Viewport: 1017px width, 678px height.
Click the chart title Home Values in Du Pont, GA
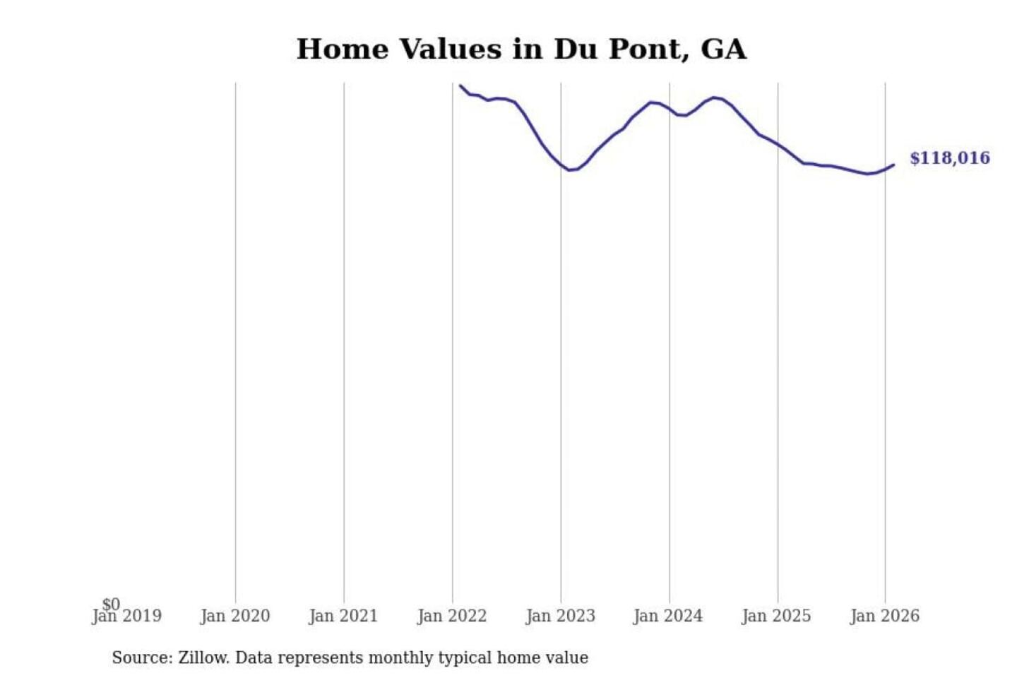(x=521, y=49)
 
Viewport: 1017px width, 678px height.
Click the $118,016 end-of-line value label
(x=949, y=158)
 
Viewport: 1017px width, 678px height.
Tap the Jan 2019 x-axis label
(x=127, y=617)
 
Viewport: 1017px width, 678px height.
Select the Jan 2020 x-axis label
(x=235, y=617)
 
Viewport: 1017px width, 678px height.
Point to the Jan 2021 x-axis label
(x=343, y=617)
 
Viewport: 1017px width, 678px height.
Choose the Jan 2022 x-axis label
(x=452, y=617)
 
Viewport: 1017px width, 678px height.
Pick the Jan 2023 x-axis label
(x=561, y=617)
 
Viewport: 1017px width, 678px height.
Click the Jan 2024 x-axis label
(x=668, y=617)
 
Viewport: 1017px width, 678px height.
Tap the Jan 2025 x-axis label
(x=776, y=617)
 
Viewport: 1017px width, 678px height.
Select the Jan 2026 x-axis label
(x=885, y=617)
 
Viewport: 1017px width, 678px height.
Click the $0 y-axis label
(x=111, y=605)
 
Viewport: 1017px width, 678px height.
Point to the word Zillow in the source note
(x=203, y=658)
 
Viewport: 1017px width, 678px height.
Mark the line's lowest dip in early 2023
(x=570, y=170)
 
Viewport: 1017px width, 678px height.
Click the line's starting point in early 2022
(x=460, y=85)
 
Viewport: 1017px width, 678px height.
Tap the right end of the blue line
(x=893, y=165)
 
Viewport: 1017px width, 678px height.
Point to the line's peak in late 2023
(x=651, y=102)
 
